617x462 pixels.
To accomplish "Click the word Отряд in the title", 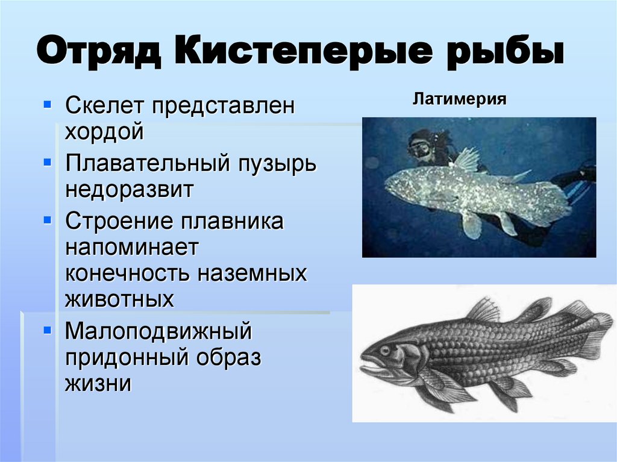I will click(99, 53).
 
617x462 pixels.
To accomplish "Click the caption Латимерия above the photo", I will click(459, 98).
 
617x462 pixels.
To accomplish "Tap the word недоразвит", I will click(129, 189).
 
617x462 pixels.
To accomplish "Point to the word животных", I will click(119, 299).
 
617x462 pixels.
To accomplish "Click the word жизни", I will click(98, 382).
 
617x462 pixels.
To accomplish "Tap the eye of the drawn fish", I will click(384, 349).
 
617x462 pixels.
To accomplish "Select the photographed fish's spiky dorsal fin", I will click(466, 159).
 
